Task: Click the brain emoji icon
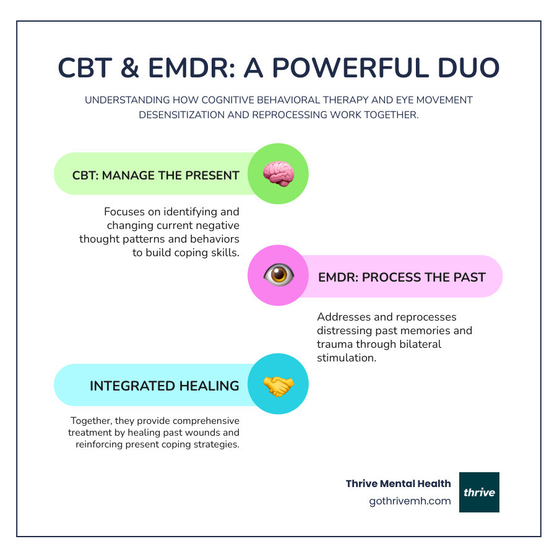pos(278,174)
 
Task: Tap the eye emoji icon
pos(278,275)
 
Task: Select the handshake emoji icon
pos(278,385)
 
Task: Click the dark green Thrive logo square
pos(479,492)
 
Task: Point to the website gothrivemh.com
pos(410,501)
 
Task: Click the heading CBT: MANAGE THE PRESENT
pos(155,175)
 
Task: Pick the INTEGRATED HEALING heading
pos(164,386)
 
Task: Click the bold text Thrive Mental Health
pos(399,483)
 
